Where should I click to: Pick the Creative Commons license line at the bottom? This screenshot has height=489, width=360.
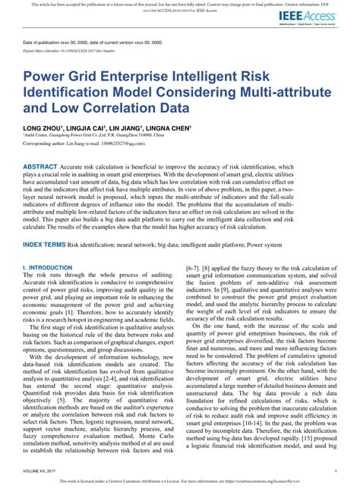179,481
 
